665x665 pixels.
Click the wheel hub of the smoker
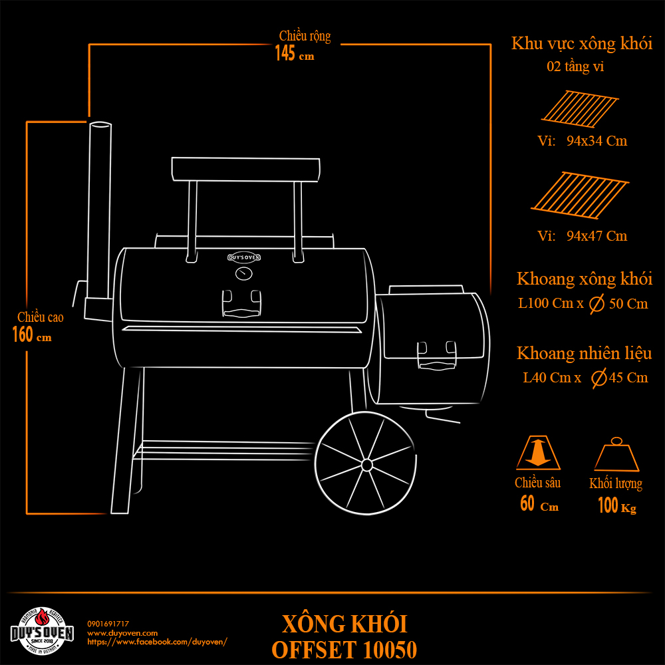367,465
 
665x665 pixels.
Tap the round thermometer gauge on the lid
244,273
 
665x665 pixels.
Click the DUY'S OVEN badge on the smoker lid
244,257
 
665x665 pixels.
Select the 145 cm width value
295,54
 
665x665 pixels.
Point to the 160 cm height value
32,334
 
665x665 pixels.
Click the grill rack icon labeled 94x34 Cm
580,109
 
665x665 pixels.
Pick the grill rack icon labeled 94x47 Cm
580,195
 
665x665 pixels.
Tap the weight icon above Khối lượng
616,454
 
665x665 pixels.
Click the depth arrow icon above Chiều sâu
538,452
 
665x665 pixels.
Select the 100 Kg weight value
617,505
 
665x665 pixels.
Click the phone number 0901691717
108,624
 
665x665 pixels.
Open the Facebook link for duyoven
158,642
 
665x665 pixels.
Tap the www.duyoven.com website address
122,633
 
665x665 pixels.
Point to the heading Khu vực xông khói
581,44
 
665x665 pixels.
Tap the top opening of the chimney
100,125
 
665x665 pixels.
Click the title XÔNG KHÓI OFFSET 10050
344,637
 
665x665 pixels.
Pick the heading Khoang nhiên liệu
584,353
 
